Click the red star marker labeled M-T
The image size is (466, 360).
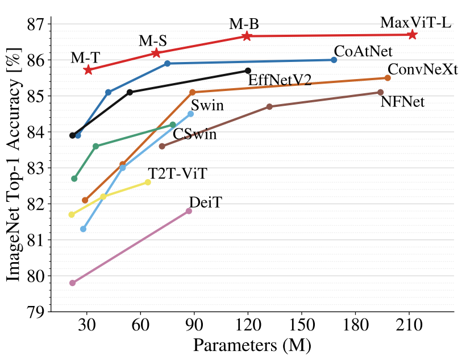point(88,69)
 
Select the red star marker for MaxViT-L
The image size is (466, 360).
point(413,35)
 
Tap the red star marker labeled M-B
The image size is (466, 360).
point(247,36)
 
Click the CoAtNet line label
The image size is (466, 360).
point(363,51)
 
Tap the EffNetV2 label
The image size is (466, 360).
point(280,80)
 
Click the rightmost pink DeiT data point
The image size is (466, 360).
point(189,211)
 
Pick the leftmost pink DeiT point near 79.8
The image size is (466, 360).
point(72,283)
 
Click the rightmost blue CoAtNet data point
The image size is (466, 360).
point(334,60)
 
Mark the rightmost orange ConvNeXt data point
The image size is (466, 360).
point(388,78)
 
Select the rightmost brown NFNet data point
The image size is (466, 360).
point(380,92)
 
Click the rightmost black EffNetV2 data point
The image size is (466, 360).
point(248,71)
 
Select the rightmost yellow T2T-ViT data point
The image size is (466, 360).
point(148,182)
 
